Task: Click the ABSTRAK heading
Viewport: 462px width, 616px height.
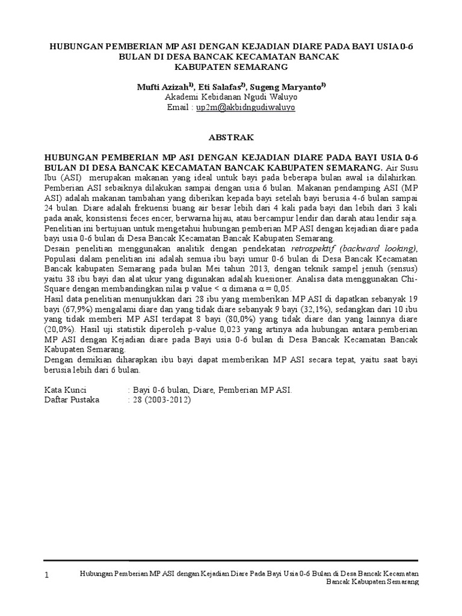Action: pyautogui.click(x=231, y=137)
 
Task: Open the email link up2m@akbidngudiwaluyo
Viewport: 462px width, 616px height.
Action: pyautogui.click(x=244, y=107)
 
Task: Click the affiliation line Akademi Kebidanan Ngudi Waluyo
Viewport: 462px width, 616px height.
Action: pyautogui.click(x=230, y=96)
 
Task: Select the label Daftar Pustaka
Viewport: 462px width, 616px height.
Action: pyautogui.click(x=70, y=399)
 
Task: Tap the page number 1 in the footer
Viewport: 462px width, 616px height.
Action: pyautogui.click(x=48, y=576)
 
